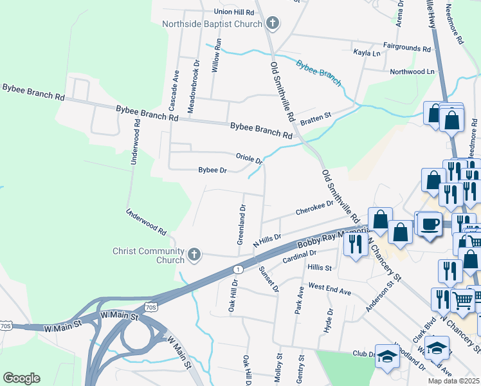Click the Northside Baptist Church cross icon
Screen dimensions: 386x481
coord(273,24)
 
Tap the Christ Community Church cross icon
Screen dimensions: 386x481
coord(194,255)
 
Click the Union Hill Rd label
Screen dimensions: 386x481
coord(235,12)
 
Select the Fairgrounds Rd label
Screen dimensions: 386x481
coord(406,48)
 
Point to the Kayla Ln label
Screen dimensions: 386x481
coord(367,53)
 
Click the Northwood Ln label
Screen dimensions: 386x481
coord(412,71)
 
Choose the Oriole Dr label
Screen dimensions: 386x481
coord(249,158)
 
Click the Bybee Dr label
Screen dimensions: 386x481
coord(213,170)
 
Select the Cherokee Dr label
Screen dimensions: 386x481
coord(314,207)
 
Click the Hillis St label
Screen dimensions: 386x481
coord(319,268)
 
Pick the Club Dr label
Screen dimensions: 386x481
coord(363,354)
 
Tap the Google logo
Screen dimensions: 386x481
coord(21,378)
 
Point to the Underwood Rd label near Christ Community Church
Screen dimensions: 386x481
coord(147,222)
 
